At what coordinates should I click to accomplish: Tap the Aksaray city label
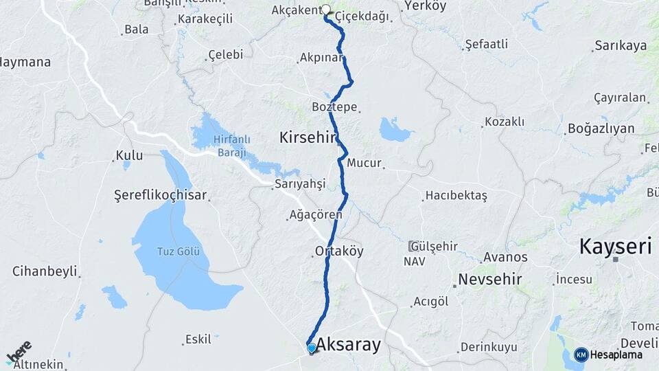[348, 345]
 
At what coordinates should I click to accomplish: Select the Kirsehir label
[307, 137]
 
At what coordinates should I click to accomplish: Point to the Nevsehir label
[490, 280]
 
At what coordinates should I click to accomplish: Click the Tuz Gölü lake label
[178, 251]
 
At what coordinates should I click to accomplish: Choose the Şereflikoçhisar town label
[160, 196]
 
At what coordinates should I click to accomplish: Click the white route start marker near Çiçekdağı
[326, 10]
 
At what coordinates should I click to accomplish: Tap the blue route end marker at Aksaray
[312, 348]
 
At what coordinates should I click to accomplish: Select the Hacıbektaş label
[456, 195]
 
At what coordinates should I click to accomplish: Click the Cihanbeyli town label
[45, 271]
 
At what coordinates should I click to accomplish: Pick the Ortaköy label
[339, 251]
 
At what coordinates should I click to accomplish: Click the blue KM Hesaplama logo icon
[581, 355]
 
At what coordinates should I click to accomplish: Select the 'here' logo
[19, 352]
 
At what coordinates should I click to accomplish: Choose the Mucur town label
[364, 164]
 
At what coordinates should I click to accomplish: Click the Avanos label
[505, 258]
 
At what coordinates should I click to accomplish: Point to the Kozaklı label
[504, 122]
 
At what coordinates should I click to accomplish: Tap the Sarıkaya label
[621, 46]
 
